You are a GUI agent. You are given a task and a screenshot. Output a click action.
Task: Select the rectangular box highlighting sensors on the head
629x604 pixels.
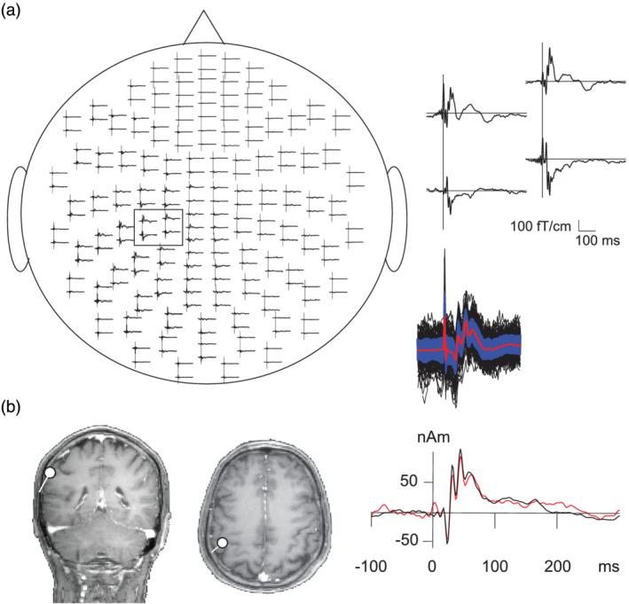coord(158,226)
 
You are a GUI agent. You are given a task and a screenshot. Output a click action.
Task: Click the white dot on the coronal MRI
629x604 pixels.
coord(51,474)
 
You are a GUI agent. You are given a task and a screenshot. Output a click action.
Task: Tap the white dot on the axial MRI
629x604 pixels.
coord(223,542)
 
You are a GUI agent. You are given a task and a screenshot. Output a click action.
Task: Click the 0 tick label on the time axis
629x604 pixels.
coord(433,565)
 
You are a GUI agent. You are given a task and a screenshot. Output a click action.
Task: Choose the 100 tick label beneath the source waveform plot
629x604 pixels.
coord(495,565)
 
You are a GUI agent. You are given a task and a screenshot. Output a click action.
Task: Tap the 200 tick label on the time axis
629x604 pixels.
coord(557,565)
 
